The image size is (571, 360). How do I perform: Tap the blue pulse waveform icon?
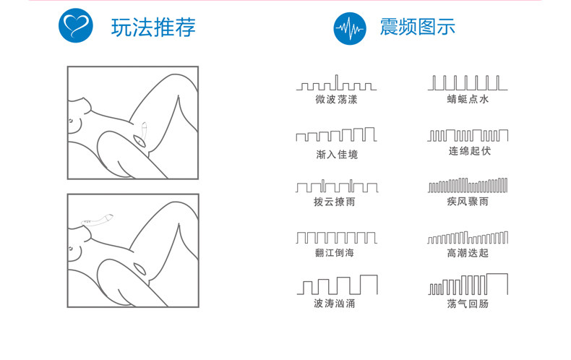pos(351,29)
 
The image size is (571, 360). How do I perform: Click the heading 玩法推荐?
pos(153,28)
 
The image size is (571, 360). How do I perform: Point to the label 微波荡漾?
pos(336,100)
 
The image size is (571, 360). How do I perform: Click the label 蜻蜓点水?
pos(468,100)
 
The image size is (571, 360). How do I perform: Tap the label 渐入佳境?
pos(336,154)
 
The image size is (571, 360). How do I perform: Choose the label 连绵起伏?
pos(468,153)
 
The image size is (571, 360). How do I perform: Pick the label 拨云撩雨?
pos(336,202)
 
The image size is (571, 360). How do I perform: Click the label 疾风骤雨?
pos(468,202)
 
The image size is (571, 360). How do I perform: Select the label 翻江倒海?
pos(336,253)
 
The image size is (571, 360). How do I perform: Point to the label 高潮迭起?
pos(468,253)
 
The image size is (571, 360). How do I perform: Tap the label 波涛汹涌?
pos(335,304)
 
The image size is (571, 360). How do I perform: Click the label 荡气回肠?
pos(468,304)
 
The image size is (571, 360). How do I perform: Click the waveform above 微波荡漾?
pos(336,82)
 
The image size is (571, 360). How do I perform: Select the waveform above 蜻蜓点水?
pos(468,82)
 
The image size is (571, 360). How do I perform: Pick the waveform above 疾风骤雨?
pos(468,185)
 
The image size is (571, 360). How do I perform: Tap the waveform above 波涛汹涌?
pos(336,284)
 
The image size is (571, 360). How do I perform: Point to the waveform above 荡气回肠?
pos(468,284)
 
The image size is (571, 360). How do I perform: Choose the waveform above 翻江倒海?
pos(336,236)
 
